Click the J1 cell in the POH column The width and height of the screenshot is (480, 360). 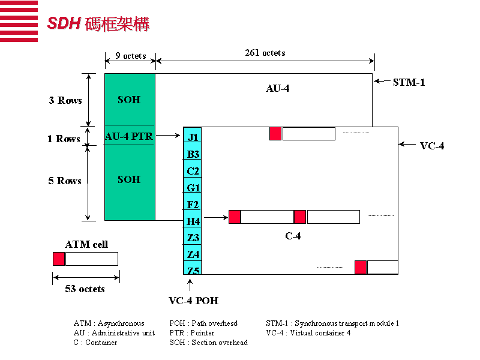tap(193, 137)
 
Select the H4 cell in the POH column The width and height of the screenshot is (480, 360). tap(193, 221)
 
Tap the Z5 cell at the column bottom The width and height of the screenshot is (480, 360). tap(193, 271)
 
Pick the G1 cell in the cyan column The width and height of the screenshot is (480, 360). tap(193, 188)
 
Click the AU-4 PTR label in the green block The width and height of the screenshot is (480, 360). tap(129, 136)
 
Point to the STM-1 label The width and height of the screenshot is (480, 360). tap(409, 82)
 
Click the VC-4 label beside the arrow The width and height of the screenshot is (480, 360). tap(432, 146)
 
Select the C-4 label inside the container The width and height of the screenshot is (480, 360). tap(293, 236)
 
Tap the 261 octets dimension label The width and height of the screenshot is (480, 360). tap(265, 53)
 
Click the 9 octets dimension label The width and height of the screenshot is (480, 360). tap(130, 56)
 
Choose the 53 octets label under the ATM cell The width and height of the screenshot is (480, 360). tap(85, 289)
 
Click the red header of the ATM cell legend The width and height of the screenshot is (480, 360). tap(59, 259)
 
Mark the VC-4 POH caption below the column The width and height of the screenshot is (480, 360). tap(193, 300)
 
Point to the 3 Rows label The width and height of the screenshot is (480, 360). tap(65, 100)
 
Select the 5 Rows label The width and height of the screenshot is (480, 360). tap(65, 181)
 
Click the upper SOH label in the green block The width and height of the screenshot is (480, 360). tap(129, 100)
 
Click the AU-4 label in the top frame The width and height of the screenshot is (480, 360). tap(278, 89)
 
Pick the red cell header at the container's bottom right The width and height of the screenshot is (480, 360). tap(360, 267)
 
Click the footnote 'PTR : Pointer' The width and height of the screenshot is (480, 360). tap(191, 332)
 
